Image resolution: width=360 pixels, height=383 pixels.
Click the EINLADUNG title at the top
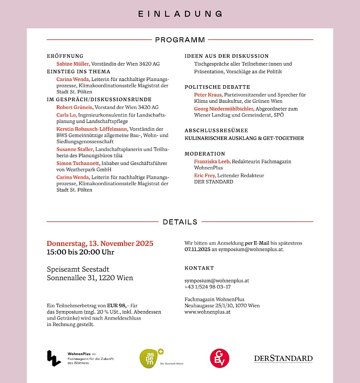click(180, 14)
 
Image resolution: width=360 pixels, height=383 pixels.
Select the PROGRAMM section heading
click(180, 40)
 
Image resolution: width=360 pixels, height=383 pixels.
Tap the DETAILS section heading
click(180, 222)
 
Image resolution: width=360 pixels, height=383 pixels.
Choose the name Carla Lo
click(66, 115)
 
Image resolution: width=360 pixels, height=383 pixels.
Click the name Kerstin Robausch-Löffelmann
click(92, 129)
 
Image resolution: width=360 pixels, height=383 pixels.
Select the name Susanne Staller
click(75, 149)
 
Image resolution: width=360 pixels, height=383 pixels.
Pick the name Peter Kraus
click(208, 95)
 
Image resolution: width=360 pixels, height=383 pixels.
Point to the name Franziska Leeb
click(212, 162)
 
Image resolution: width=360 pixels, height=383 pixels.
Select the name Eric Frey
click(205, 175)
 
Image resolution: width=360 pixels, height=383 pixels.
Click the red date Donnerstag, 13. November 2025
click(100, 243)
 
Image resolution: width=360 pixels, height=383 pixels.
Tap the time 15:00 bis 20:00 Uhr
click(80, 252)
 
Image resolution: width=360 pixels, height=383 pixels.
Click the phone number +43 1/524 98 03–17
click(208, 287)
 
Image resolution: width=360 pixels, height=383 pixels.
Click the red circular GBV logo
click(220, 358)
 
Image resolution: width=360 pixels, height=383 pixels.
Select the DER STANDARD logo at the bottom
click(283, 359)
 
